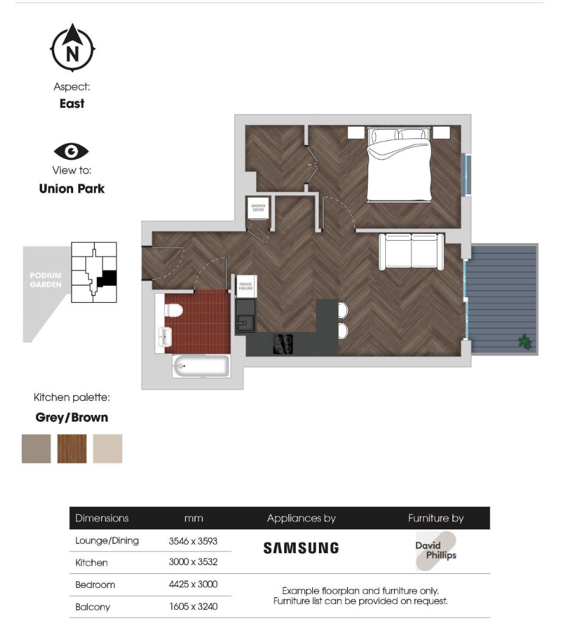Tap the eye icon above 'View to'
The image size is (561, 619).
(71, 151)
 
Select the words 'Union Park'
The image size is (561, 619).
(72, 189)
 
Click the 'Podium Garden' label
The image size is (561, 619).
(46, 280)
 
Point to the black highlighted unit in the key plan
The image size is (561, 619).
(108, 278)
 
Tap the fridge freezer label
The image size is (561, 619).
(246, 286)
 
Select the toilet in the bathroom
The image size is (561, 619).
(174, 311)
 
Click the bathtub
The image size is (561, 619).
(201, 367)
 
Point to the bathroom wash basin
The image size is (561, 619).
(165, 335)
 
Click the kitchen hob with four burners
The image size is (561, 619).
(283, 344)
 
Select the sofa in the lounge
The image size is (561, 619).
(412, 251)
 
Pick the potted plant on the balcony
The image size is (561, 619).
(524, 342)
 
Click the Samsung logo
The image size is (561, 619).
(301, 548)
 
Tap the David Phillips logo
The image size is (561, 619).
(435, 551)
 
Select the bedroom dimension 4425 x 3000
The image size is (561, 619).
(193, 584)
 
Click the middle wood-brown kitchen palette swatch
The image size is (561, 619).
(72, 448)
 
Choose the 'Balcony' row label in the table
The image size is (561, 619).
(93, 607)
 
